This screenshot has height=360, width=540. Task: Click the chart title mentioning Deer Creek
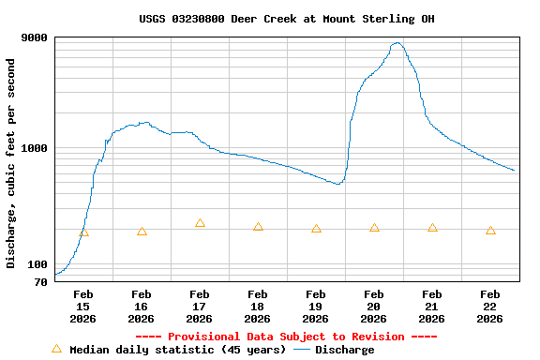286,19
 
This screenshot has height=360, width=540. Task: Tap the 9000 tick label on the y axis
35,37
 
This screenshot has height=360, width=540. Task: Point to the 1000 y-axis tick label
35,148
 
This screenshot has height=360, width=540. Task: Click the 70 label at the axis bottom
41,281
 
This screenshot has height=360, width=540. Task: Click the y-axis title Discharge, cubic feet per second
11,163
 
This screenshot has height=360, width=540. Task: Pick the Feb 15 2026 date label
83,307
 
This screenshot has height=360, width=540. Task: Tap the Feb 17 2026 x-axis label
200,307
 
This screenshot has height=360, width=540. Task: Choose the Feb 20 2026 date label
374,307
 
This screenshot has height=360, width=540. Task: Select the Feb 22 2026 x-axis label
490,307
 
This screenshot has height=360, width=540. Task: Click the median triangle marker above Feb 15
83,232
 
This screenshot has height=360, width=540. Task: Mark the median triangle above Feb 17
200,223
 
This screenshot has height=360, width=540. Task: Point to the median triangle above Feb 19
316,229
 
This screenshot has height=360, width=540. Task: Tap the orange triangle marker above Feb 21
432,228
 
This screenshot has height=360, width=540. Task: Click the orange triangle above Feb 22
490,230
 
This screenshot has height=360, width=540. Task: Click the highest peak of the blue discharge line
397,42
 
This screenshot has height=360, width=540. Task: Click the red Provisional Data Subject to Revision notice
286,337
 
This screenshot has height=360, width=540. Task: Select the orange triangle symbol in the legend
56,349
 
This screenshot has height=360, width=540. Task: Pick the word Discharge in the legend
344,350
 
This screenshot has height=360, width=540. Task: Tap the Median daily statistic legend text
178,350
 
